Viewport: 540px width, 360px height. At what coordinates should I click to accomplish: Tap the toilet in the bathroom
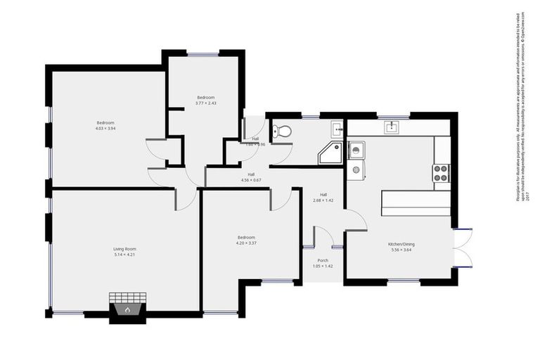(x=283, y=131)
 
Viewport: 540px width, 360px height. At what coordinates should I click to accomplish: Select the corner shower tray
(x=330, y=152)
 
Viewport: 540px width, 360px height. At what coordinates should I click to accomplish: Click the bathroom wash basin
(x=337, y=128)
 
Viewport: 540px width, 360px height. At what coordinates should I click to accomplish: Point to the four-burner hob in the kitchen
(x=442, y=173)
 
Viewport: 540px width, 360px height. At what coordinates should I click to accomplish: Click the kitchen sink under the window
(x=392, y=127)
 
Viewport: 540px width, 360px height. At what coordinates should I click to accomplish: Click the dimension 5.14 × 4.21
(x=124, y=255)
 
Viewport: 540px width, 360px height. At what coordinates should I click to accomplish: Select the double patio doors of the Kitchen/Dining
(x=462, y=247)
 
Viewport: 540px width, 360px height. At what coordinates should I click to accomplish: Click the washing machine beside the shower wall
(x=356, y=150)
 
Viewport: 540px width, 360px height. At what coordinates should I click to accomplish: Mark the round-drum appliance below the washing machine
(x=356, y=169)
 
